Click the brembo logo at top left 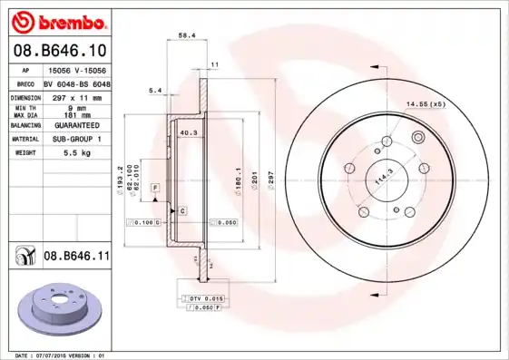click(x=59, y=21)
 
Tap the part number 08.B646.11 click(x=76, y=258)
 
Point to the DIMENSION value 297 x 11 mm click(x=76, y=95)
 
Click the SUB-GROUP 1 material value click(x=76, y=139)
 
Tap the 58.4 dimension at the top click(x=187, y=35)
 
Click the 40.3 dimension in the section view click(x=189, y=133)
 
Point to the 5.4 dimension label click(x=154, y=91)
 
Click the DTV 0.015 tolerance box click(x=206, y=298)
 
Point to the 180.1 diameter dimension click(x=238, y=181)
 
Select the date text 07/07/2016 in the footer click(x=62, y=355)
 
